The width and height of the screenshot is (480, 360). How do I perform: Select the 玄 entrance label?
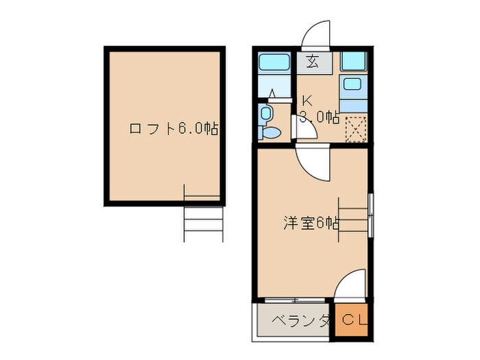(x=313, y=62)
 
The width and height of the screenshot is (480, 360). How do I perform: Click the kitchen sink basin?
(x=354, y=85)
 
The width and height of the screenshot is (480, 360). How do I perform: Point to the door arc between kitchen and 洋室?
(x=312, y=163)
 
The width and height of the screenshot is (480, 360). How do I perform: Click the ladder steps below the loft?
(x=204, y=218)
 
